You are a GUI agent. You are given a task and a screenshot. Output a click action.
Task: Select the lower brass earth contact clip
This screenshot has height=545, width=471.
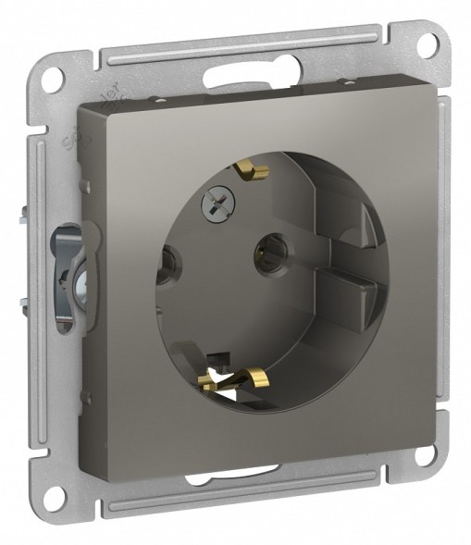235,378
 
